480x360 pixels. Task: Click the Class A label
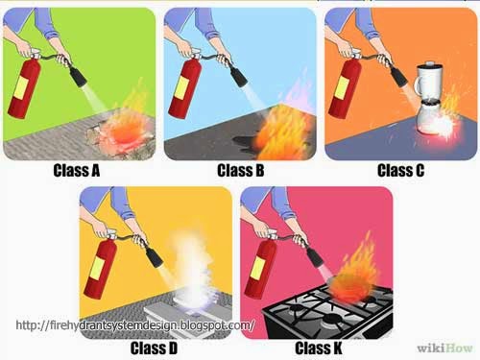[x=77, y=170]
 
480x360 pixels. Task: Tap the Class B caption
[x=241, y=170]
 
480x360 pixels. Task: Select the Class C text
[x=401, y=170]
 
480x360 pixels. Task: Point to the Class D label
[x=154, y=348]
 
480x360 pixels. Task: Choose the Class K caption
[x=319, y=348]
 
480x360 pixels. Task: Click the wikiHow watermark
[x=444, y=348]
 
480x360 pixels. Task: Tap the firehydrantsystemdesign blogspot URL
[x=135, y=325]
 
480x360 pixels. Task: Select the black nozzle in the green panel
[x=78, y=76]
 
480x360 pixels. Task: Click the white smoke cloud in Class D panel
[x=191, y=269]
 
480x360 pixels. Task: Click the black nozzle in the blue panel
[x=238, y=76]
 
